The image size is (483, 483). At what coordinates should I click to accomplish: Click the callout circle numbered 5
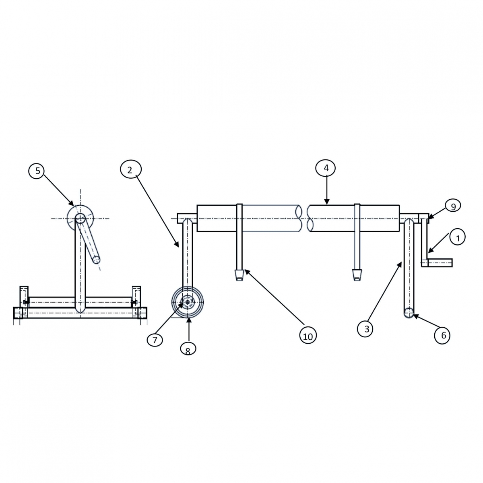coord(37,171)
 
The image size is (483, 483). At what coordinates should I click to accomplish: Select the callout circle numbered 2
coord(130,170)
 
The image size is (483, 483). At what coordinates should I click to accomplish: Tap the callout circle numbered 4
coord(326,168)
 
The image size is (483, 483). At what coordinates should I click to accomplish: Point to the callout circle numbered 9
coord(453,206)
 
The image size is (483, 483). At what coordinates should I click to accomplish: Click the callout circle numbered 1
coord(457,237)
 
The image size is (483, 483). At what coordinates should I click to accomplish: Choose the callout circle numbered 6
coord(443,335)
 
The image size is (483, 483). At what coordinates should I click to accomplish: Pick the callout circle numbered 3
coord(366,329)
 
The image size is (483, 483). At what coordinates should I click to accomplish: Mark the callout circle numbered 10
coord(308,336)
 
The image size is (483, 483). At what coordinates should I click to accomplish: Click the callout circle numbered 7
coord(155,340)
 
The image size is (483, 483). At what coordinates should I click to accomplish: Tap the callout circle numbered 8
coord(188,349)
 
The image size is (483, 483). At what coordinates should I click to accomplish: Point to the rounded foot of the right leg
coord(409,313)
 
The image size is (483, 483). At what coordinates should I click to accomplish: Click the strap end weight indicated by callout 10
coord(239,275)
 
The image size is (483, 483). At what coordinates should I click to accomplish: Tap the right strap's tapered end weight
coord(357,275)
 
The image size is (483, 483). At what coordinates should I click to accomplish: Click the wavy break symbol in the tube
coord(304,219)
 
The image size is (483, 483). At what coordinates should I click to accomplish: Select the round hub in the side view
coord(80,218)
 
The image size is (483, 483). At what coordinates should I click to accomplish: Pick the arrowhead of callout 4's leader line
coord(326,202)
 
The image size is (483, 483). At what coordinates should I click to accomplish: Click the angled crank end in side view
coord(96,260)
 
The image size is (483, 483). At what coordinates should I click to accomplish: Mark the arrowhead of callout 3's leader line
coord(400,264)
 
